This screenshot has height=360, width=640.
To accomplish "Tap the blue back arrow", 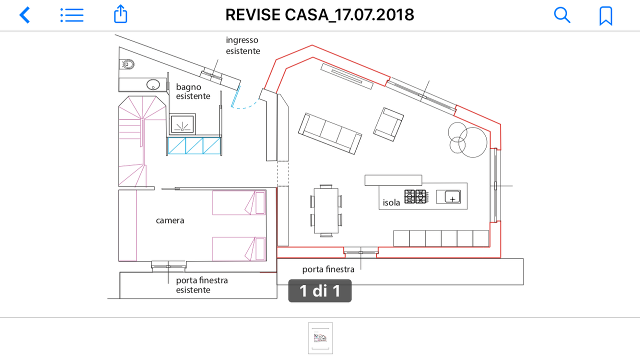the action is [24, 15].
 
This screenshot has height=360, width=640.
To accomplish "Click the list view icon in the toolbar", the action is [72, 15].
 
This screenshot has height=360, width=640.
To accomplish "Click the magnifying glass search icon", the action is [562, 15].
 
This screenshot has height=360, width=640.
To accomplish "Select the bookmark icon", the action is [605, 16].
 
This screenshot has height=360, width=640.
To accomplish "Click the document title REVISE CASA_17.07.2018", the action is [319, 15].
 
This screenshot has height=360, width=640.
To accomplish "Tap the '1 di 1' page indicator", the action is [320, 291].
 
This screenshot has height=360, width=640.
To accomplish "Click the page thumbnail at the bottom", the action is [320, 338].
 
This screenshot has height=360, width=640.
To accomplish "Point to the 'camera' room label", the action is [170, 220].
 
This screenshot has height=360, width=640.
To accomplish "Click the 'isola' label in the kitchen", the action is [391, 202].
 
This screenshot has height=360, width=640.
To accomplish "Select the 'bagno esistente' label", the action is [193, 91].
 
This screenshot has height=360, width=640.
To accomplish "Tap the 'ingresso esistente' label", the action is [243, 45].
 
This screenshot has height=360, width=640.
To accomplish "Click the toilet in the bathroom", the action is [127, 64].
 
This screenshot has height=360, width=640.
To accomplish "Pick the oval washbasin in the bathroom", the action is [153, 84].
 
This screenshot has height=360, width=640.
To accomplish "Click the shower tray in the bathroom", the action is [182, 124].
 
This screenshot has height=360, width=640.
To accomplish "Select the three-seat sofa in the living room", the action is [330, 133].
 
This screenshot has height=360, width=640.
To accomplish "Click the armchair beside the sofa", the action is [388, 124].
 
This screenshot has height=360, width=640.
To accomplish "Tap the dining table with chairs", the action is [326, 210].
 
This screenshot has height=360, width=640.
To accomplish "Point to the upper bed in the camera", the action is [239, 202].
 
